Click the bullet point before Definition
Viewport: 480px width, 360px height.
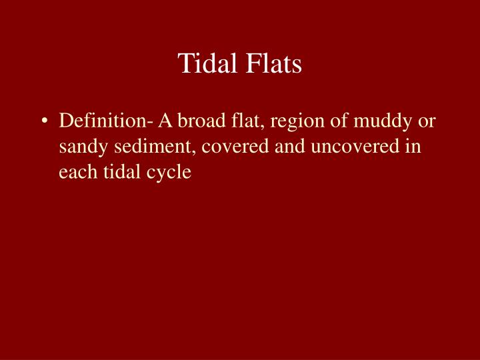[44, 122]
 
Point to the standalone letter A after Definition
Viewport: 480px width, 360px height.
[164, 122]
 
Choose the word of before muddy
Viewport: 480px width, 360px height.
[324, 122]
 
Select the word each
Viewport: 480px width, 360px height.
[75, 171]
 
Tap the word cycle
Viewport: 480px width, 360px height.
[164, 173]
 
